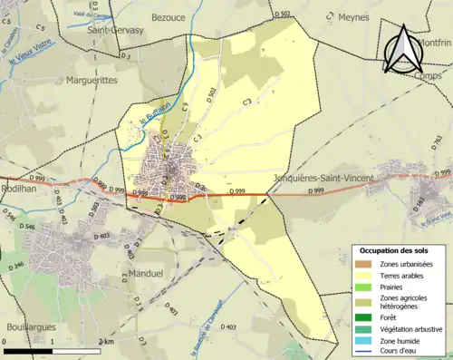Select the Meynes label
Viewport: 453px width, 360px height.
[x=352, y=16]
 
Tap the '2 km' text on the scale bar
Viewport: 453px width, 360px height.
[x=105, y=341]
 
